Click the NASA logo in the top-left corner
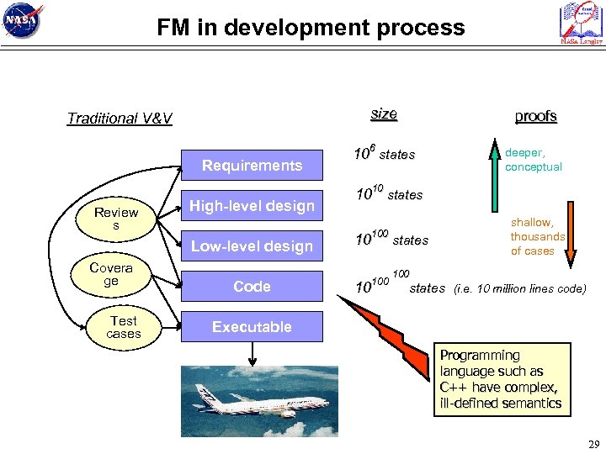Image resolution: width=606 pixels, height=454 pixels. point(23,21)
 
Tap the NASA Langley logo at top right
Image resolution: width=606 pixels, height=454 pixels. point(581,23)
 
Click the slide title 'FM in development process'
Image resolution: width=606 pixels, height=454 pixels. point(311,28)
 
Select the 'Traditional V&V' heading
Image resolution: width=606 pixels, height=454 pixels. point(120,119)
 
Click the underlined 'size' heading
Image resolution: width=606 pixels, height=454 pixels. point(384,113)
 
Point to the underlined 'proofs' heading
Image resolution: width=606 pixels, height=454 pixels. point(535,116)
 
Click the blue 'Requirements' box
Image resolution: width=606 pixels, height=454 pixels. point(252,166)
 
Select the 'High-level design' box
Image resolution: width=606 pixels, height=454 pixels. point(252,206)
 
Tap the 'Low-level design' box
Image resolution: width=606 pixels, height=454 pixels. point(252,246)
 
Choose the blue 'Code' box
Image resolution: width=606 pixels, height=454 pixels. point(252,287)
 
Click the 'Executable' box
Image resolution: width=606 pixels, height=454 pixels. point(252,327)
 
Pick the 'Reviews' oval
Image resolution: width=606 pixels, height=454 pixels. point(116,219)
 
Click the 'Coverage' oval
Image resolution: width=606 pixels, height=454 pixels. point(111,275)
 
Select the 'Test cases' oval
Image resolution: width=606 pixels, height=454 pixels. point(123,327)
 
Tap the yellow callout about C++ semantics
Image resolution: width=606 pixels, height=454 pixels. point(501,379)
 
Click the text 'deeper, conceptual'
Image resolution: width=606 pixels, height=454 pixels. point(534,161)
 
